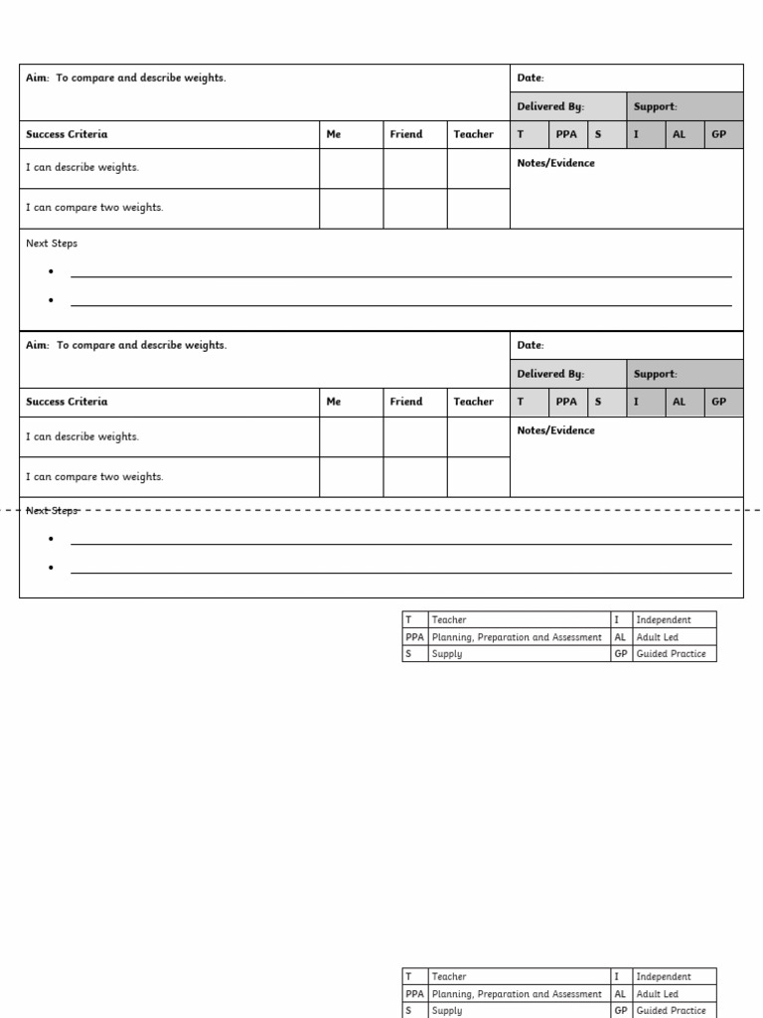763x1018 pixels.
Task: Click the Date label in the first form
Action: [531, 79]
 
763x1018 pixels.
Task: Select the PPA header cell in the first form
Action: [566, 135]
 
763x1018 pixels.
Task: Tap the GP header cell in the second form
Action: [719, 403]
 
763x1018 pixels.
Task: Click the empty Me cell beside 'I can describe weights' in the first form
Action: [351, 168]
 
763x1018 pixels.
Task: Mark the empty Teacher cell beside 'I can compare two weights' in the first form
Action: [478, 209]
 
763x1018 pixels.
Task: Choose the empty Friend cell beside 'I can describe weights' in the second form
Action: [415, 437]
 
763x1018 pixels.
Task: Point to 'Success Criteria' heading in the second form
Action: [67, 403]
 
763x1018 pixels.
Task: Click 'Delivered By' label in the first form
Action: [550, 107]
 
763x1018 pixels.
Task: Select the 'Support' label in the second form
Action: [655, 375]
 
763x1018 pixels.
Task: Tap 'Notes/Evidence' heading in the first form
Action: [556, 164]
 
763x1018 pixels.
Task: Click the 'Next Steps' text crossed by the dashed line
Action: [52, 511]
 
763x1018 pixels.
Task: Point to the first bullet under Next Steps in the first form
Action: [51, 271]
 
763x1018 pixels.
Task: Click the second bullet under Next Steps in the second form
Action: [51, 568]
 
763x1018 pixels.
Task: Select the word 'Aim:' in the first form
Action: [38, 79]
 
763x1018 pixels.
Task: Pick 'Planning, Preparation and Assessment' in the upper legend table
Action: [517, 637]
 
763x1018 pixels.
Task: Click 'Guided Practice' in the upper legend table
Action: [671, 654]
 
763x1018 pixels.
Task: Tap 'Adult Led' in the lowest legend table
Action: [657, 994]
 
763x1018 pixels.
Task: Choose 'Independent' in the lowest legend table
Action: [663, 977]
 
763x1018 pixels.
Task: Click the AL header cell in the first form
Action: [680, 135]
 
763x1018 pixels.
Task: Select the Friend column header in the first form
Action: [405, 135]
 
